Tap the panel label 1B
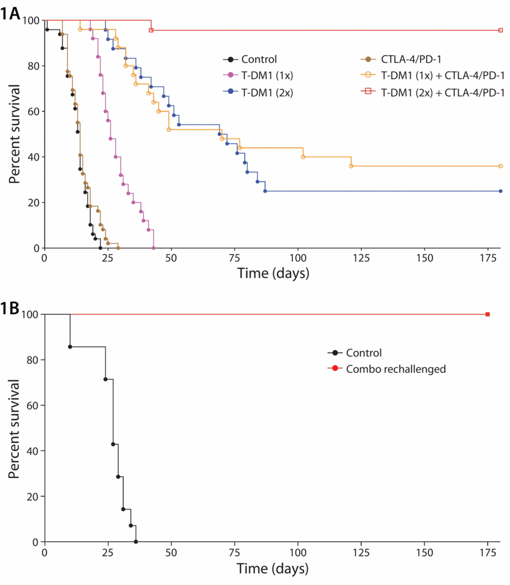coord(10,307)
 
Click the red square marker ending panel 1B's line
coord(488,315)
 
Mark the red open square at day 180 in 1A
coord(500,30)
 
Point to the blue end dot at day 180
coord(500,191)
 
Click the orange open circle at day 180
coord(500,166)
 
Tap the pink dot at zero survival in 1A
coord(154,248)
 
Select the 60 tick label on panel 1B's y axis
coord(33,405)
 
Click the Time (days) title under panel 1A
coord(273,274)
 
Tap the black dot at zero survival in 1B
coord(136,542)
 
